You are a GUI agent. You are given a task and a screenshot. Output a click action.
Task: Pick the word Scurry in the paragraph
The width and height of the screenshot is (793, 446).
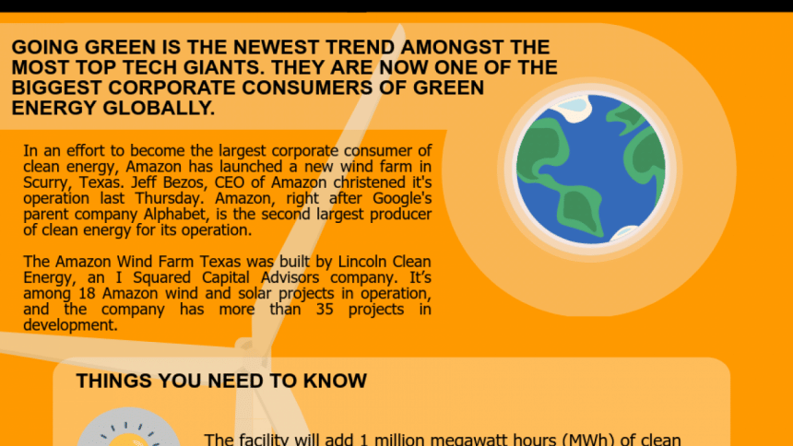(48, 182)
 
